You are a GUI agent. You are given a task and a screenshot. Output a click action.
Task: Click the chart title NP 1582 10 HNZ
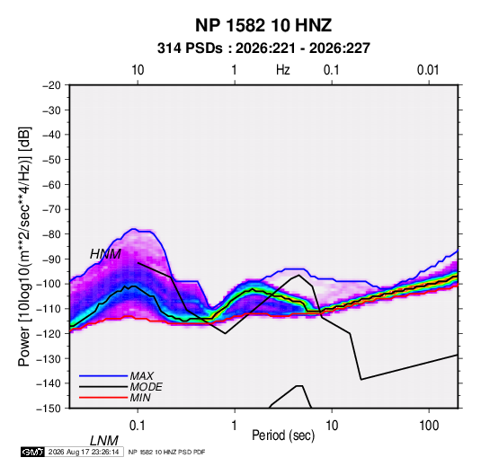coord(263,25)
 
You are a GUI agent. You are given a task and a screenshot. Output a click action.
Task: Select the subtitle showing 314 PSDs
coord(263,48)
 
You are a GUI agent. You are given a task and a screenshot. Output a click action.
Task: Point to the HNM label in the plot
coord(105,254)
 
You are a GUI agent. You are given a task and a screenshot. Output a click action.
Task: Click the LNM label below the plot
coord(104,441)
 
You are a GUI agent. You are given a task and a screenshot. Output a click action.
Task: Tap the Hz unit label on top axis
coord(283,70)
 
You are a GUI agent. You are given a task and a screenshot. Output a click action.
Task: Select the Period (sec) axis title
coord(283,435)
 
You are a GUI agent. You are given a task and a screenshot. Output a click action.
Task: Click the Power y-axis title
coord(24,246)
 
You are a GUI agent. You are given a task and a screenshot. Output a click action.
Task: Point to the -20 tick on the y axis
coord(51,85)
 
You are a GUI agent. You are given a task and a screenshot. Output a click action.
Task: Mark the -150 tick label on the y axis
coord(49,409)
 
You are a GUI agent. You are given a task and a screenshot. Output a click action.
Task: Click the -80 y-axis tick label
coord(51,234)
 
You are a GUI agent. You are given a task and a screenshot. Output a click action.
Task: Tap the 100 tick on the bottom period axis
coord(429,426)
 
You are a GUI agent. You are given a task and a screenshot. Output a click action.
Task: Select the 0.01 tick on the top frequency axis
coord(428,70)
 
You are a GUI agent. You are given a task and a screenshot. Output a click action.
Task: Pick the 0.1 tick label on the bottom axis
coord(138,426)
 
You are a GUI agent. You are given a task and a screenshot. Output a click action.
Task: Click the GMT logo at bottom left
coord(33,452)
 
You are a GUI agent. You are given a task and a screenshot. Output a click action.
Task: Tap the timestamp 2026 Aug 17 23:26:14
coord(84,452)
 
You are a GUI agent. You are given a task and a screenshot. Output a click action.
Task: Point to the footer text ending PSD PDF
coord(166,452)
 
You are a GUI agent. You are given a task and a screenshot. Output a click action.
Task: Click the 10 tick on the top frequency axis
coord(138,70)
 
